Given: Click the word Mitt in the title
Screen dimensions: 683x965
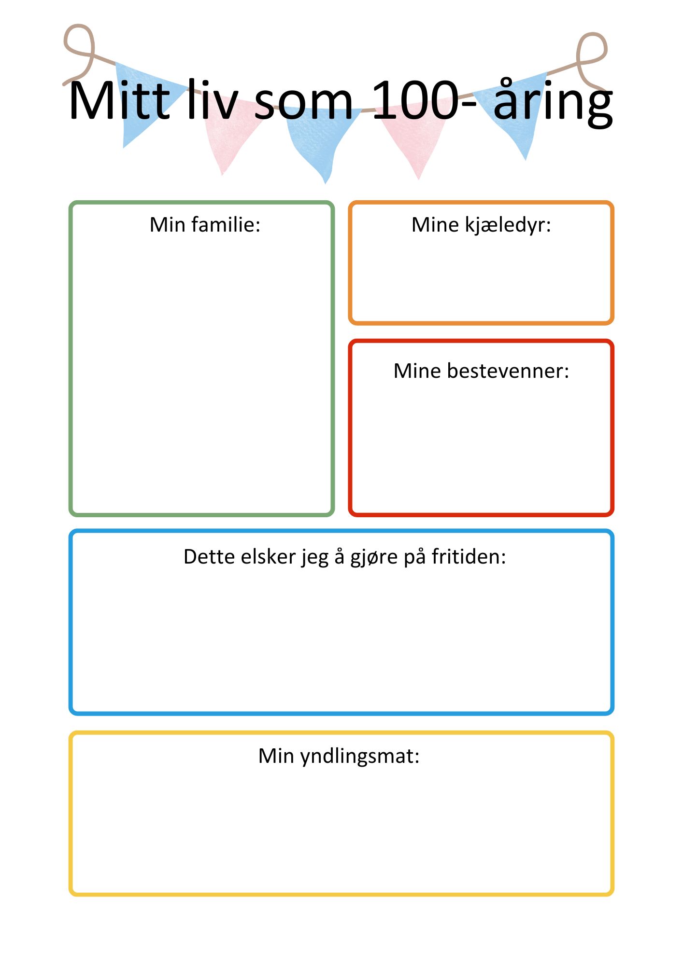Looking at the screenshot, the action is click(120, 100).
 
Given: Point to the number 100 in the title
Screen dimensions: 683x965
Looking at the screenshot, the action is click(415, 100).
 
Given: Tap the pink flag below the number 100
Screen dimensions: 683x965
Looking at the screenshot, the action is click(415, 138).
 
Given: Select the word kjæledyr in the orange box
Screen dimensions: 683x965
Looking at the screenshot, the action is click(508, 225).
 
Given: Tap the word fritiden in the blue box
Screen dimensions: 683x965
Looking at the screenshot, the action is click(469, 556).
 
